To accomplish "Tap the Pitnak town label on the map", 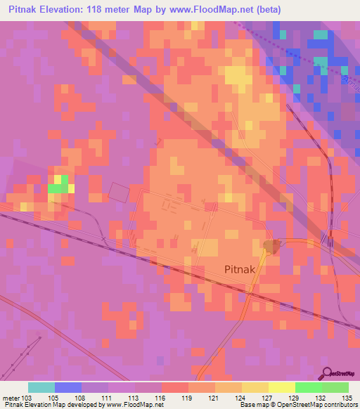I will point(244,268).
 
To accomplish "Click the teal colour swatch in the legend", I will point(41,387).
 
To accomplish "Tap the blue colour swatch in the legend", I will point(68,387).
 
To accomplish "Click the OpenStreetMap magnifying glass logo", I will point(328,373).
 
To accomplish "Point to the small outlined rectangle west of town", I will point(119,192).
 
